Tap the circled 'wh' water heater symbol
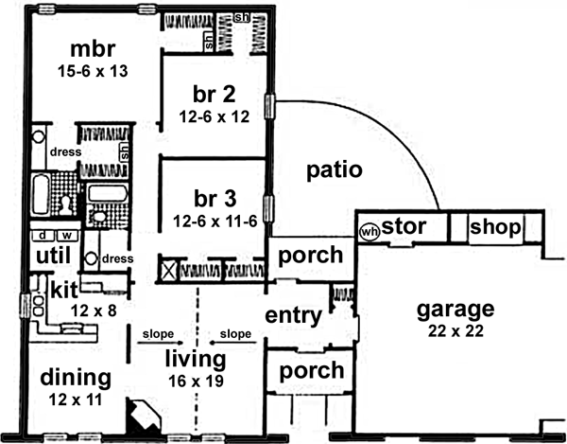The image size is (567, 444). [x=369, y=230]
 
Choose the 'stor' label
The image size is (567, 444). [x=404, y=227]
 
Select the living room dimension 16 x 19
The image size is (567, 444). [x=195, y=380]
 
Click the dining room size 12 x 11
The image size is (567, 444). [x=75, y=400]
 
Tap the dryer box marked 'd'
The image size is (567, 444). [x=43, y=235]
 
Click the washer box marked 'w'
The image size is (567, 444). [x=66, y=235]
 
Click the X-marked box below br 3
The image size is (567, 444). [x=170, y=269]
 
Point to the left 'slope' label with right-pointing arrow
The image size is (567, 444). [x=158, y=334]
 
